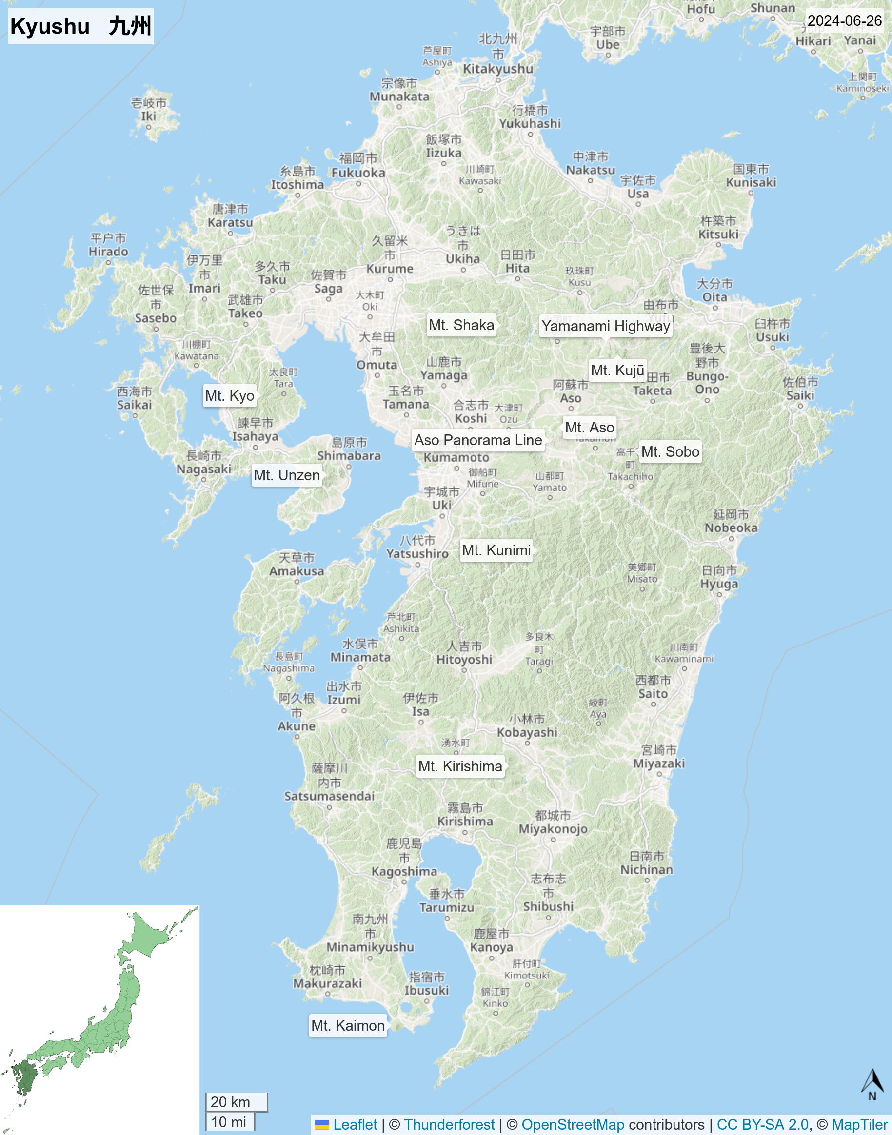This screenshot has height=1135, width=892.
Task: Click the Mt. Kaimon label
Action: tap(348, 1025)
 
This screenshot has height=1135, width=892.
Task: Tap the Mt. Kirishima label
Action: tap(460, 766)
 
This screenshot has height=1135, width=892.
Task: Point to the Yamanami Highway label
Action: tap(605, 326)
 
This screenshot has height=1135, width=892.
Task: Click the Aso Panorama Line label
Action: tap(478, 440)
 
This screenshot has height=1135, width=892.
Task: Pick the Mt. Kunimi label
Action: tap(496, 550)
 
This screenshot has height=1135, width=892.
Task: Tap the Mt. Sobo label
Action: tap(670, 451)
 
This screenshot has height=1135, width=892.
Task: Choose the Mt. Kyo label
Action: tap(229, 396)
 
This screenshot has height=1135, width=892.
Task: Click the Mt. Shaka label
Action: tap(461, 325)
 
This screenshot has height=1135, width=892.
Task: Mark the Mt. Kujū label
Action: tap(617, 370)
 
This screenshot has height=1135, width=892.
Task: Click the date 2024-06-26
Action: tap(845, 21)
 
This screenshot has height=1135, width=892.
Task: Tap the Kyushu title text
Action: tap(81, 26)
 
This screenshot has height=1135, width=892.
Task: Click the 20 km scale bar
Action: tap(236, 1102)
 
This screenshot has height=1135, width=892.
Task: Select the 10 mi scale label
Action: tap(229, 1122)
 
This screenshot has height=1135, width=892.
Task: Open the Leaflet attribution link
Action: tap(355, 1125)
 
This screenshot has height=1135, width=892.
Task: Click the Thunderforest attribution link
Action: tap(449, 1125)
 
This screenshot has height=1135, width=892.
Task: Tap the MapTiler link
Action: tap(860, 1125)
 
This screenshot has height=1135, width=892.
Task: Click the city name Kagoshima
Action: tap(404, 871)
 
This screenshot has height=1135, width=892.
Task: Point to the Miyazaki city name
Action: tap(659, 763)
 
